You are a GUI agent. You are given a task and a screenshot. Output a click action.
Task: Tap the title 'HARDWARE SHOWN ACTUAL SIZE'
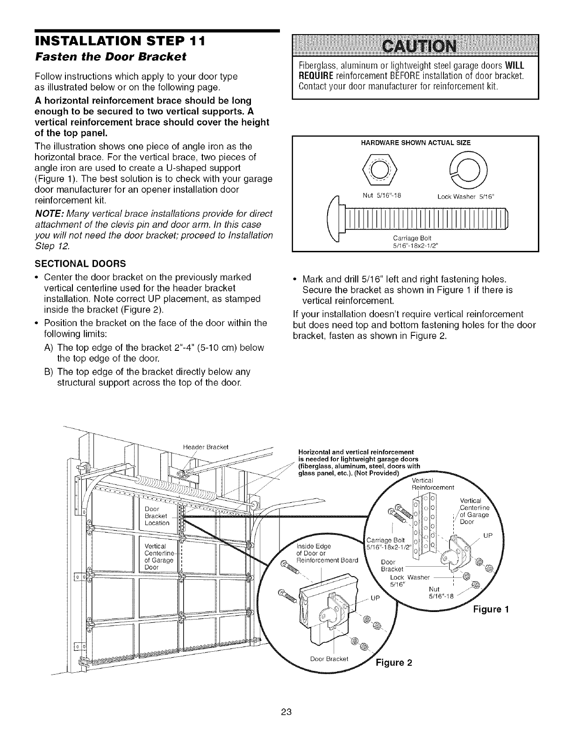pos(415,142)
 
